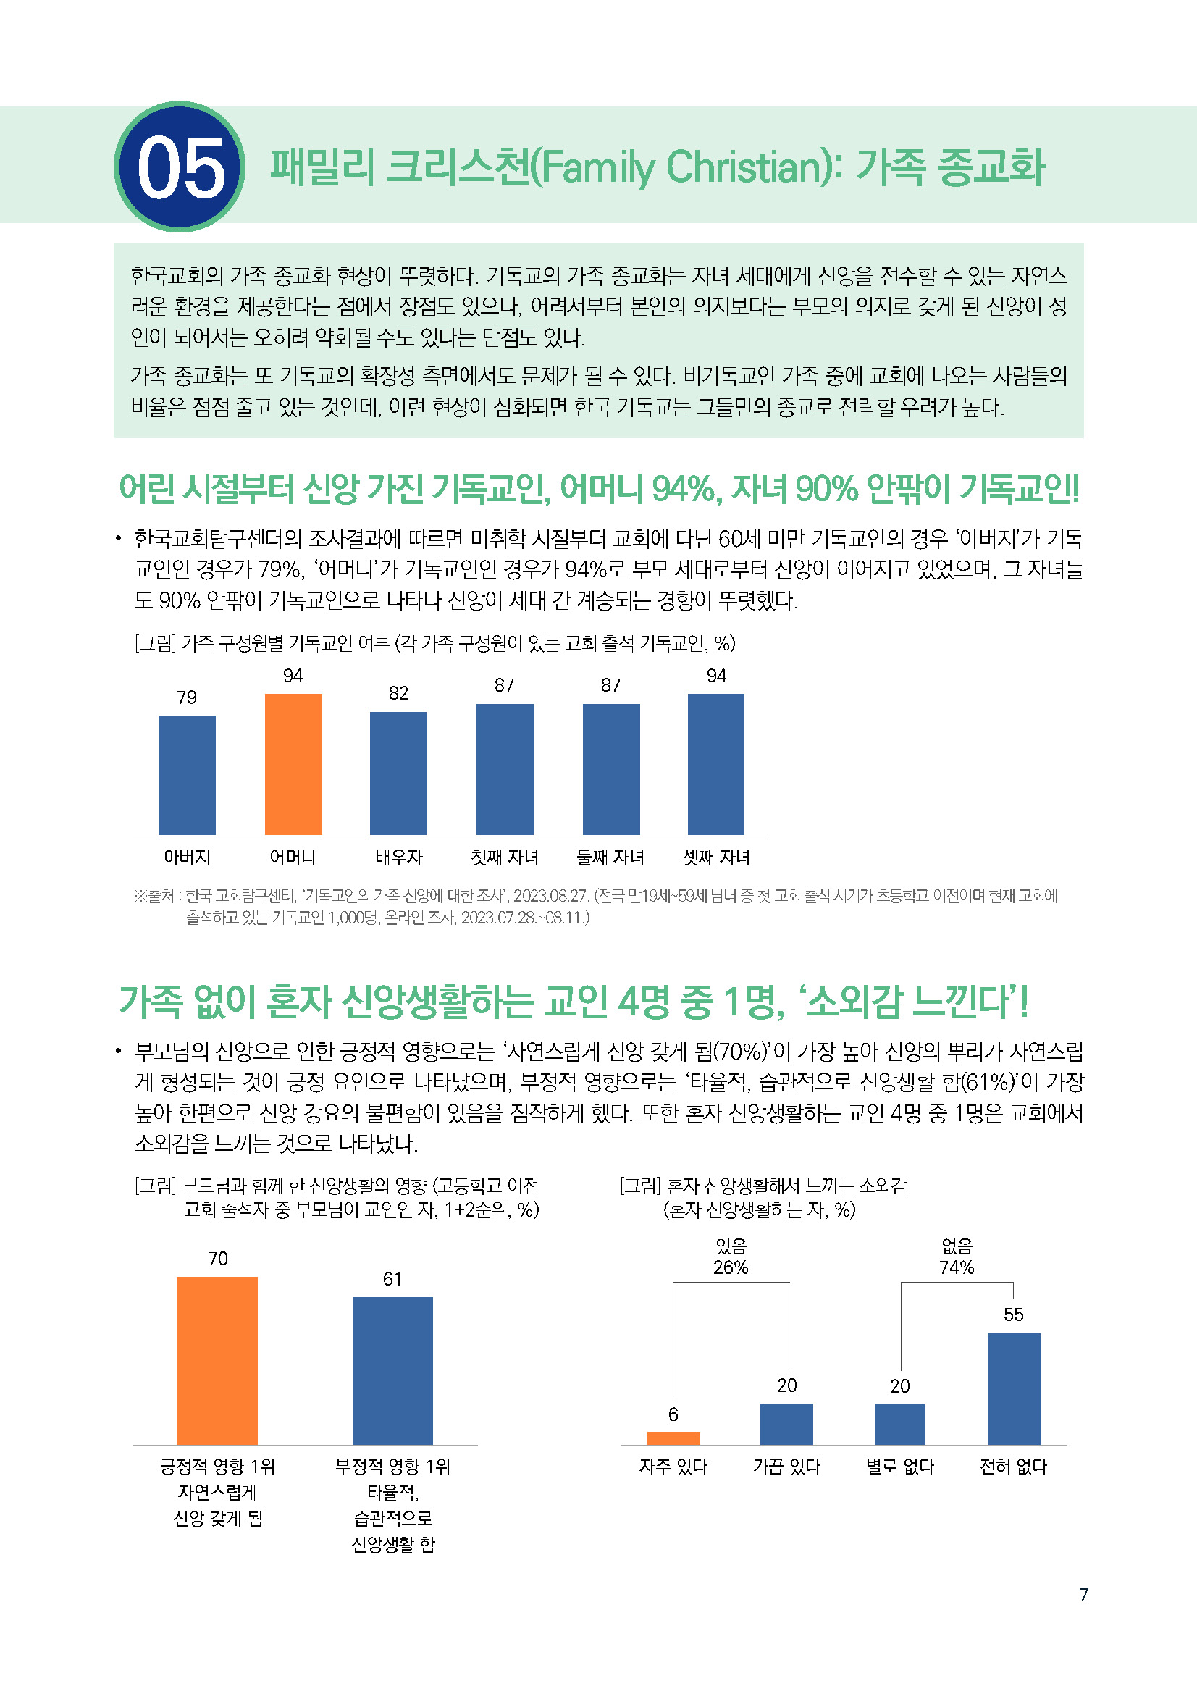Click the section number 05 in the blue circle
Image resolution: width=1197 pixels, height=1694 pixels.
180,167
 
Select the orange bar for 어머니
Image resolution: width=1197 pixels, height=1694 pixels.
293,763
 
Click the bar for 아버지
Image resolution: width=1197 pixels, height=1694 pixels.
187,775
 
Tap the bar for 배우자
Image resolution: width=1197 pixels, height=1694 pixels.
398,773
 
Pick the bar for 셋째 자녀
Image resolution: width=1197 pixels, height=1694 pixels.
715,763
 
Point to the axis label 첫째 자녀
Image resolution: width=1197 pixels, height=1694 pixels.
505,858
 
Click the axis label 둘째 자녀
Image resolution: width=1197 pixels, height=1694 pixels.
610,858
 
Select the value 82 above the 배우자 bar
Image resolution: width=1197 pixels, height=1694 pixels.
398,694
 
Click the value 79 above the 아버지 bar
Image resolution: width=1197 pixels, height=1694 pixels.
187,697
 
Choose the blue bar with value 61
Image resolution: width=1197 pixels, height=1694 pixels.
392,1370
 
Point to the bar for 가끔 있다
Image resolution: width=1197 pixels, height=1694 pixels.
786,1423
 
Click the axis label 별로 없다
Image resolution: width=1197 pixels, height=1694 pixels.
900,1467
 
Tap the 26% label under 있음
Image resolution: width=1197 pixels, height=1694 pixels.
730,1267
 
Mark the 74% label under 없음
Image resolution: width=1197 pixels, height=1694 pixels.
957,1267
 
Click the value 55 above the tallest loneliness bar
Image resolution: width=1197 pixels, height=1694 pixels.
1013,1314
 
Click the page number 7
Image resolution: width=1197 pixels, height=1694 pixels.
1083,1594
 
